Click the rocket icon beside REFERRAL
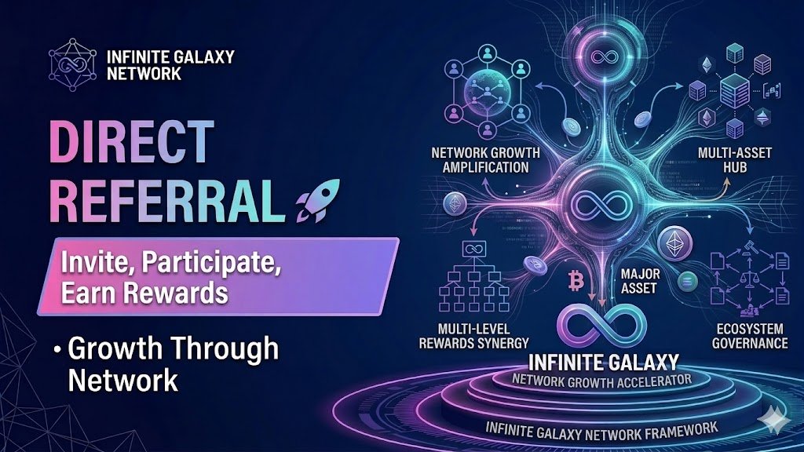pyautogui.click(x=312, y=201)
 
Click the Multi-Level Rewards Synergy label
pyautogui.click(x=476, y=335)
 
